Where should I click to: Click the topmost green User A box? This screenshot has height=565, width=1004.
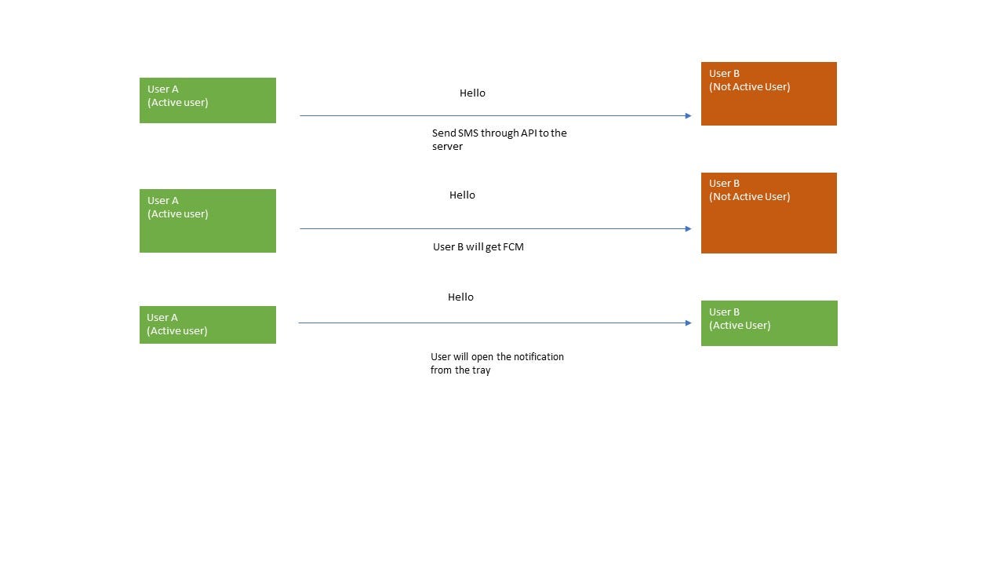(x=207, y=100)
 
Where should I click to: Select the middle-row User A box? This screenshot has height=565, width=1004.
(x=207, y=221)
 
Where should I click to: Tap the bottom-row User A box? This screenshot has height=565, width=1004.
(x=207, y=324)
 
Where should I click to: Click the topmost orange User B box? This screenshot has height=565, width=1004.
(x=769, y=93)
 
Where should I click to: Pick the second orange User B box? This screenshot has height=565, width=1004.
(x=769, y=213)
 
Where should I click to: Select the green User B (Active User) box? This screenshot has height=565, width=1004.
(x=769, y=323)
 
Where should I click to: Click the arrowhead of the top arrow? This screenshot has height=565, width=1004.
(x=688, y=116)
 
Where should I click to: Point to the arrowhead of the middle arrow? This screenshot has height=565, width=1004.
(x=688, y=229)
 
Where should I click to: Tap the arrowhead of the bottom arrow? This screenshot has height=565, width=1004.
(x=688, y=323)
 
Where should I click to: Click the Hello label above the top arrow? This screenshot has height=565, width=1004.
(x=472, y=93)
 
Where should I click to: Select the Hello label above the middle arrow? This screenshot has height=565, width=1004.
(x=462, y=195)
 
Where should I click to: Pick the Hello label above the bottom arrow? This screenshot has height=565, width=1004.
(x=460, y=297)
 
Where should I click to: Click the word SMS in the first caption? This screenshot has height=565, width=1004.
(x=467, y=133)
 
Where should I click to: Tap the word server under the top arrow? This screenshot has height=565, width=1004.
(x=447, y=147)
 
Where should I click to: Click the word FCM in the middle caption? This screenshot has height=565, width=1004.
(x=513, y=246)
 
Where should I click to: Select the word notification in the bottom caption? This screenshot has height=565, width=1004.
(x=538, y=356)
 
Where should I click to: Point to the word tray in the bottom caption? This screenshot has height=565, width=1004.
(x=481, y=370)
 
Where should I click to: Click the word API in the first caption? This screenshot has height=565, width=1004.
(x=529, y=133)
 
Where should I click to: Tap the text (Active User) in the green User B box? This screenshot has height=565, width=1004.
(x=740, y=326)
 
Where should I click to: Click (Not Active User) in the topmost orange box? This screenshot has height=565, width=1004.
(x=749, y=87)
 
